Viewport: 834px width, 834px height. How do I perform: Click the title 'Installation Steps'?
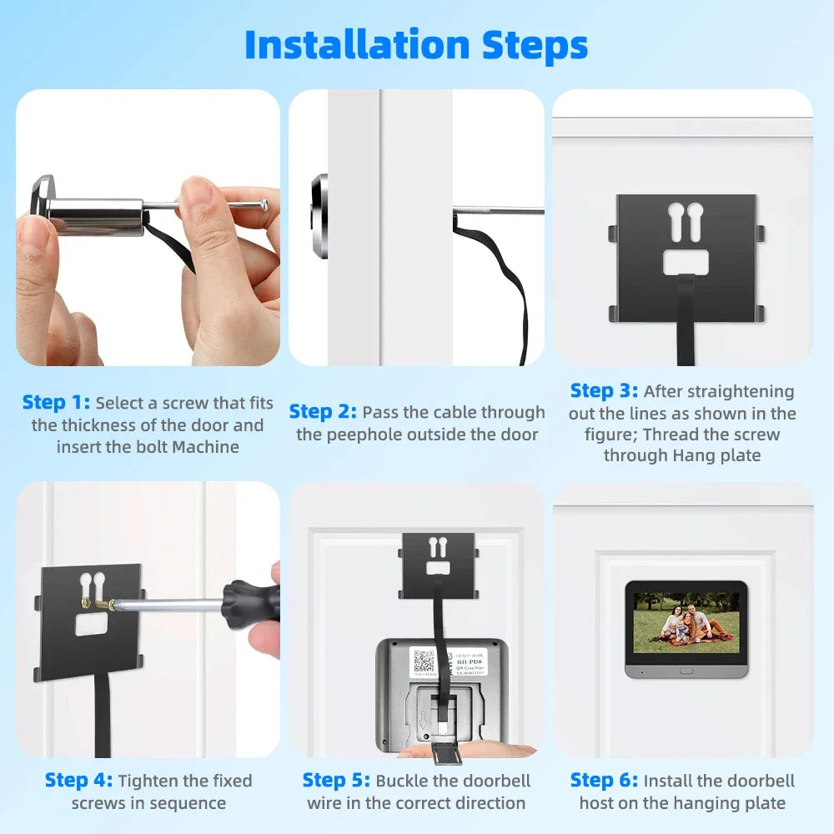pyautogui.click(x=416, y=45)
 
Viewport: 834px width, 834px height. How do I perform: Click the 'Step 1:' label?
pyautogui.click(x=56, y=403)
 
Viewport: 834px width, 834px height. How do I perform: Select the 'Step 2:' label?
pyautogui.click(x=323, y=412)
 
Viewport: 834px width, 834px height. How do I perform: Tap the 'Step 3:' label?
pyautogui.click(x=604, y=391)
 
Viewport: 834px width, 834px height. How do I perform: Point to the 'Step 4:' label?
pyautogui.click(x=78, y=781)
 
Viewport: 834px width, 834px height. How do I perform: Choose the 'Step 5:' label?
pyautogui.click(x=336, y=781)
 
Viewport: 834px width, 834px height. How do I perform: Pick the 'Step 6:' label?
pyautogui.click(x=604, y=781)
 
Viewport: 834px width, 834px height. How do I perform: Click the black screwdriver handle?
pyautogui.click(x=249, y=601)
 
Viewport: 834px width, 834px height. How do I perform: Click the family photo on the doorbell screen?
pyautogui.click(x=686, y=622)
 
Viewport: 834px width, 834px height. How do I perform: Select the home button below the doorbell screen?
pyautogui.click(x=686, y=670)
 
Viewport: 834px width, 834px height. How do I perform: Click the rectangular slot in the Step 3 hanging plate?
pyautogui.click(x=686, y=263)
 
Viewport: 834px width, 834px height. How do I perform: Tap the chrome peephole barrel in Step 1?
pyautogui.click(x=92, y=214)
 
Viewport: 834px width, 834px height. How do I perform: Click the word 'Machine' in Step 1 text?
pyautogui.click(x=206, y=447)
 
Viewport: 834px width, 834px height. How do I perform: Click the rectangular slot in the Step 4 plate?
pyautogui.click(x=93, y=625)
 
